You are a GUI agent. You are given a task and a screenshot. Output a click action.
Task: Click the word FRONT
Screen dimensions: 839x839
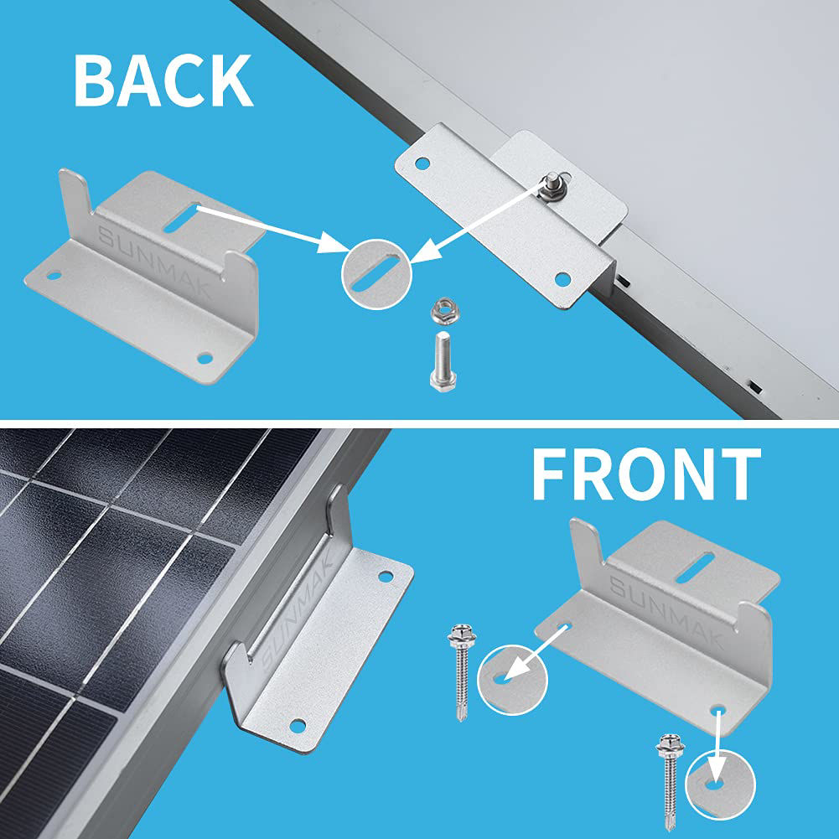(x=645, y=475)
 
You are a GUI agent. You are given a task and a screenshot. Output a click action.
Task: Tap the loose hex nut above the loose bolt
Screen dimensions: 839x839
(x=441, y=313)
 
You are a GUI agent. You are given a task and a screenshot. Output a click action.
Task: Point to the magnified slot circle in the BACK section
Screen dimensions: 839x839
(x=375, y=276)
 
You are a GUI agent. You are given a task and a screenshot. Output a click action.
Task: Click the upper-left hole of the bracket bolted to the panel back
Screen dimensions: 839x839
(x=422, y=162)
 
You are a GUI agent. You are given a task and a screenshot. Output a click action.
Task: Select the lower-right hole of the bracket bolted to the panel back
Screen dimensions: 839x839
(x=562, y=278)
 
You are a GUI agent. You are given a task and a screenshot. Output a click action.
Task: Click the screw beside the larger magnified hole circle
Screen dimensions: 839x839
(x=460, y=662)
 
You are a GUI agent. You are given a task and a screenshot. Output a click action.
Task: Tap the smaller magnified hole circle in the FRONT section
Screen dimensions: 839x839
(x=720, y=784)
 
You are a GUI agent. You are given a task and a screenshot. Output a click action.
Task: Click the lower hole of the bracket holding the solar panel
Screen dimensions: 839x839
(x=296, y=726)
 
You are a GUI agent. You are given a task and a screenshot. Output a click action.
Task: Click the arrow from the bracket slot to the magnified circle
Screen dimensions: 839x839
(x=268, y=227)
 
